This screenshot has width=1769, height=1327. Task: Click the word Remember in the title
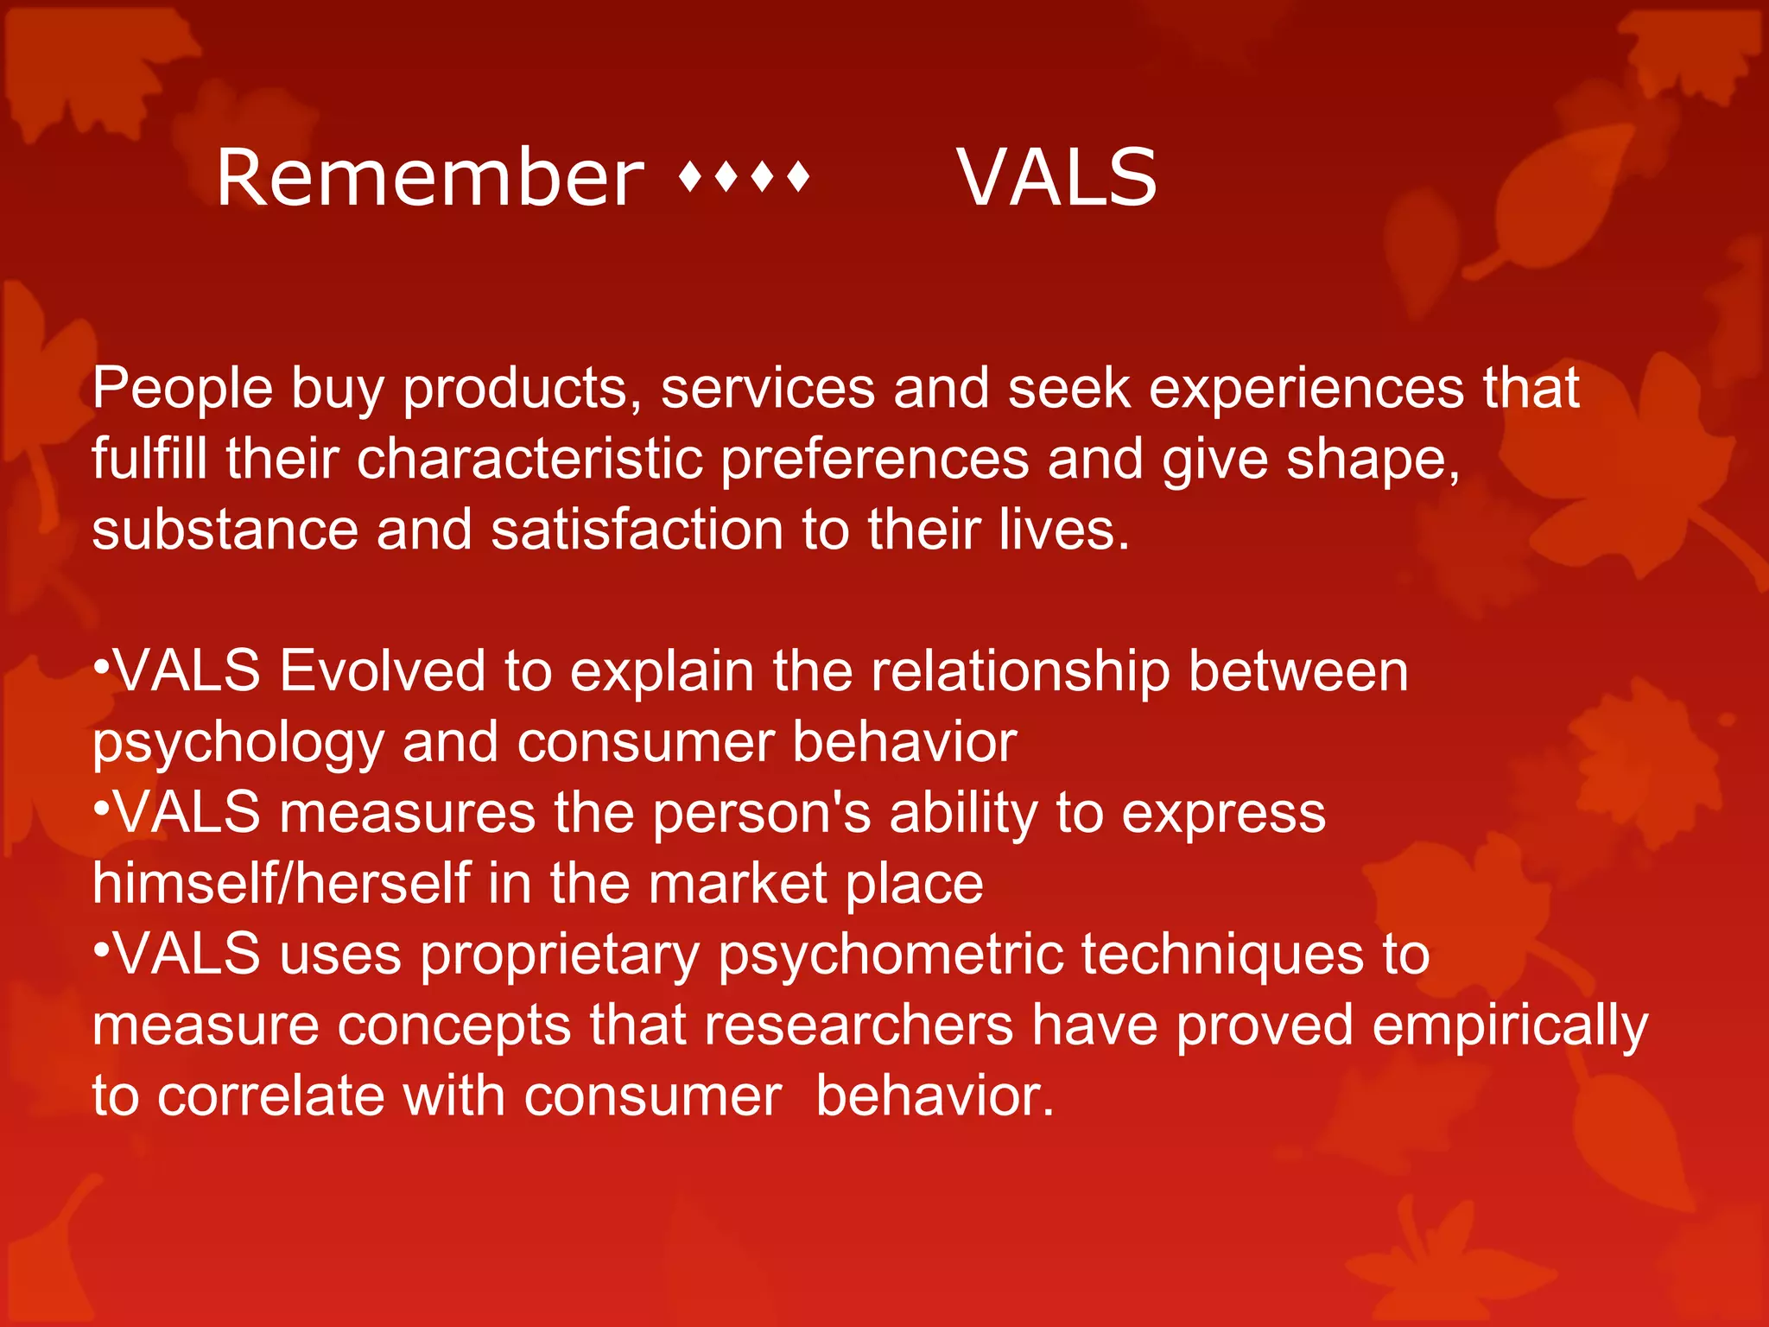coord(429,178)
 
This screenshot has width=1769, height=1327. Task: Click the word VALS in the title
coord(1056,178)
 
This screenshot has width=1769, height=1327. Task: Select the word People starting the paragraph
coord(182,388)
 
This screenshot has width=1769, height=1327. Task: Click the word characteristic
coord(529,459)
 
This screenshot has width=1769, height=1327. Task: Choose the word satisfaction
coord(637,530)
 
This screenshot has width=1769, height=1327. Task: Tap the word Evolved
coord(383,671)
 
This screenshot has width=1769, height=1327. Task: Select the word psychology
coord(238,743)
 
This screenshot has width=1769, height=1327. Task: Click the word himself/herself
coord(281,884)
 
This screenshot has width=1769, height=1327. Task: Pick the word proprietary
coord(560,955)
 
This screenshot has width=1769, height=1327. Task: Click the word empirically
coord(1510,1025)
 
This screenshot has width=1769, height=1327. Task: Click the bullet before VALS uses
coord(101,949)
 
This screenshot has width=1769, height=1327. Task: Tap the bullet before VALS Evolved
coord(101,666)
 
